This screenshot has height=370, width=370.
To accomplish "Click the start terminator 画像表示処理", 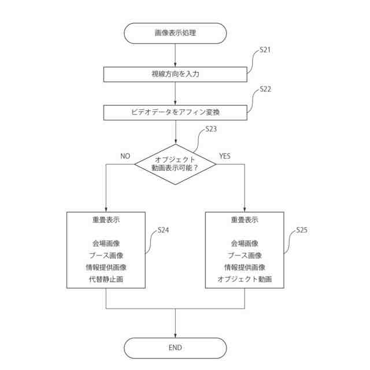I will tap(175, 33).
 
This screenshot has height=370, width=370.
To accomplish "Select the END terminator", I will tap(175, 347).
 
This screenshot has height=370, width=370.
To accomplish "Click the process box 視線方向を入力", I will tap(175, 74).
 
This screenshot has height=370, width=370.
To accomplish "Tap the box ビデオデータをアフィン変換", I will tap(175, 112).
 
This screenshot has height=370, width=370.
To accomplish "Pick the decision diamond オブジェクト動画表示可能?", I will tap(175, 164).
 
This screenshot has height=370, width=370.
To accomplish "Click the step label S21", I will tap(265, 50).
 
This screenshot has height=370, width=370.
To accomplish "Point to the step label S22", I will tap(265, 89).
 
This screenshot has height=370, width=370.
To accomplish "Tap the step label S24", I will tap(163, 230).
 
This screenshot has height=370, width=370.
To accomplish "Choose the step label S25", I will tap(301, 230).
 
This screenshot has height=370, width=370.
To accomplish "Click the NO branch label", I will tap(125, 156).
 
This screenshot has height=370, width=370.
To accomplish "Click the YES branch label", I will tap(225, 156).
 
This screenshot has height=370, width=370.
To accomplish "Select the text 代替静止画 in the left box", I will tap(106, 279).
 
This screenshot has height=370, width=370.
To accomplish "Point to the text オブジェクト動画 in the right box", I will tap(245, 279).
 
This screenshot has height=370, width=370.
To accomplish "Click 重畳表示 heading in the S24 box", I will tap(106, 220).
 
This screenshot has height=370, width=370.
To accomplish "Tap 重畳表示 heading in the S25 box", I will tap(245, 220).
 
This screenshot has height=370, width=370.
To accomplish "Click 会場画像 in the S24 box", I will tap(106, 243).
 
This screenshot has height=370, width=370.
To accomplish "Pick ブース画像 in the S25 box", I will tap(245, 256).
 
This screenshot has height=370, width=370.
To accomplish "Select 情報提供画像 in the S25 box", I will tap(245, 267).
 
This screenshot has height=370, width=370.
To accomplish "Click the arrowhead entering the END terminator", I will tap(175, 335).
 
